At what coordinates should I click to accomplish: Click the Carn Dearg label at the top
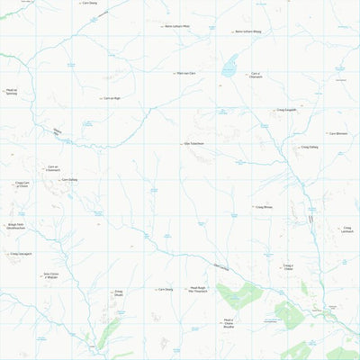coord(88,4)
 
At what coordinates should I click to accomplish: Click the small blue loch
coord(230,64)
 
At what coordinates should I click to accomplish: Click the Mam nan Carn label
coord(185,73)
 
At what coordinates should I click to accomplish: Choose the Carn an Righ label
coord(111,98)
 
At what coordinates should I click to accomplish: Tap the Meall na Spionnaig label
coord(11,92)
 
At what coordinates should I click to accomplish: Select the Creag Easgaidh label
coord(286,111)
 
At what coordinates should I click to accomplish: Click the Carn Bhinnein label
coord(337,133)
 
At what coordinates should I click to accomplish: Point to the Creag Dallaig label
coord(308,147)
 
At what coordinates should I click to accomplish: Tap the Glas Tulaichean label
coord(193,144)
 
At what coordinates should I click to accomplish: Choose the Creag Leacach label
coord(346,230)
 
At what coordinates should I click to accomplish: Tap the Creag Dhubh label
coord(118,292)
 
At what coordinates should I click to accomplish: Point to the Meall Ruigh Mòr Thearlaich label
coord(197,291)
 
